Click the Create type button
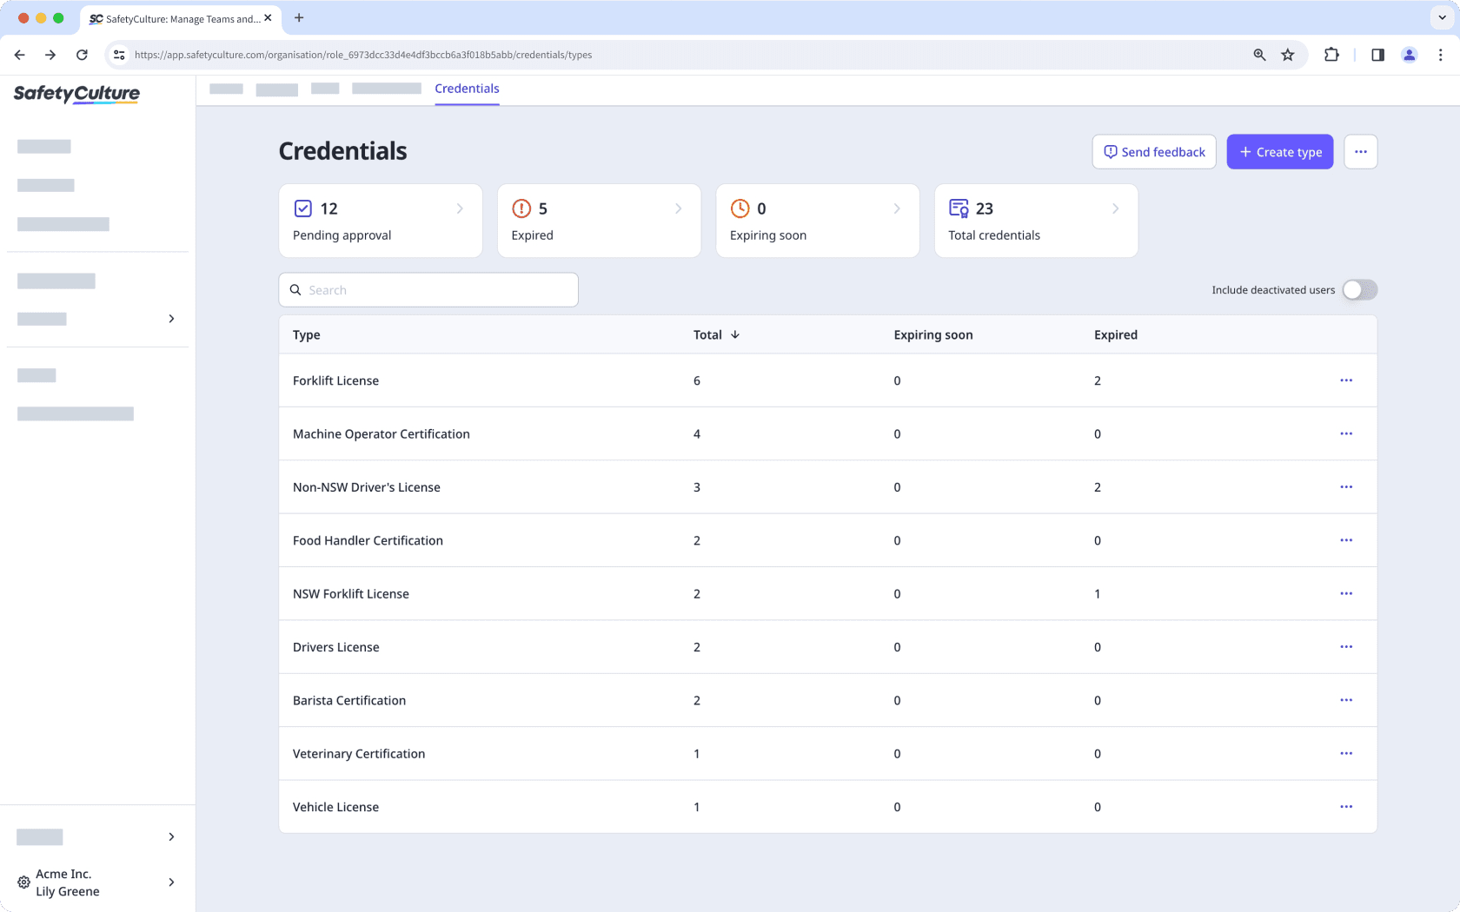tap(1279, 152)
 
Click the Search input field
tap(428, 290)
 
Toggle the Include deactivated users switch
tap(1359, 290)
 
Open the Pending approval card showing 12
tap(380, 221)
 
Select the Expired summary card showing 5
tap(599, 221)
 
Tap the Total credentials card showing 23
tap(1035, 221)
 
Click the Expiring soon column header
tap(932, 335)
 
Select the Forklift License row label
tap(335, 380)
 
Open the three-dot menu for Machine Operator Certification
tap(1346, 433)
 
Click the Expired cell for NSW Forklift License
tap(1098, 594)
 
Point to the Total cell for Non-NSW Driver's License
tap(697, 487)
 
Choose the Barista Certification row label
tap(349, 701)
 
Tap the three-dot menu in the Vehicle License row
tap(1346, 807)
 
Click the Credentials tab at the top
tap(467, 89)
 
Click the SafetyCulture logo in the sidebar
tap(76, 93)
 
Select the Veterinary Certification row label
tap(359, 754)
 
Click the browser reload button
tap(82, 55)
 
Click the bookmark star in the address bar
tap(1288, 55)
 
